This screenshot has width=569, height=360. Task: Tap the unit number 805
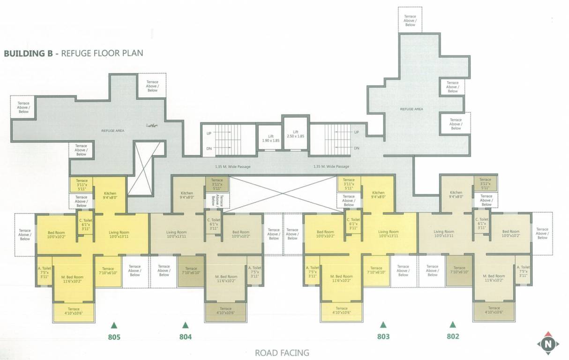[x=114, y=337]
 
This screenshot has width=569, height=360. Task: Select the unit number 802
[x=453, y=336]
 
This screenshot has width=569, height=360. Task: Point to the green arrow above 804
[x=185, y=324]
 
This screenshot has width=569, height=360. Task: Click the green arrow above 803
[x=383, y=324]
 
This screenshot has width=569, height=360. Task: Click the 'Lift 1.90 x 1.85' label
[x=271, y=138]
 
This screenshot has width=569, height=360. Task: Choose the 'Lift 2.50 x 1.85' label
[x=295, y=134]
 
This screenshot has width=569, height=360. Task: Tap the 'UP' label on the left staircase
[x=209, y=133]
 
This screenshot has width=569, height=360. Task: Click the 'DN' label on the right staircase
[x=357, y=148]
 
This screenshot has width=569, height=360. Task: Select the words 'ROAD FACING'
[x=282, y=352]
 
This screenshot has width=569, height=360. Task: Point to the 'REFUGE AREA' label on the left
[x=113, y=131]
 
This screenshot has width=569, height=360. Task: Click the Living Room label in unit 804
[x=176, y=234]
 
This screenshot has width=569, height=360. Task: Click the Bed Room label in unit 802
[x=511, y=234]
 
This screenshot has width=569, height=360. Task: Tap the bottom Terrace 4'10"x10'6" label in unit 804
[x=225, y=311]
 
